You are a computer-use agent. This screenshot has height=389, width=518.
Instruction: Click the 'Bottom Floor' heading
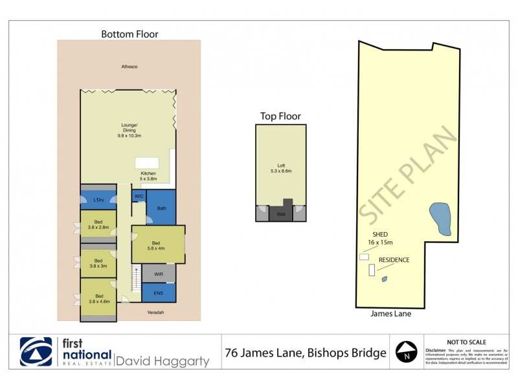tap(129, 34)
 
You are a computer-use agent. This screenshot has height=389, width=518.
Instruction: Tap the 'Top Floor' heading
tap(280, 116)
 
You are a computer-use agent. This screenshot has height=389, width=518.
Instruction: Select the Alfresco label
tap(129, 67)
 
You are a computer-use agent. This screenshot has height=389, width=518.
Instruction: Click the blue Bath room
tap(161, 207)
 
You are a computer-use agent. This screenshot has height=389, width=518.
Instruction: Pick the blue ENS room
tap(159, 293)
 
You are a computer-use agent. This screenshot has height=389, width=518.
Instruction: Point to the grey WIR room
tap(159, 274)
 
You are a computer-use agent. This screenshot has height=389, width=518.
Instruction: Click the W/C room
tap(139, 195)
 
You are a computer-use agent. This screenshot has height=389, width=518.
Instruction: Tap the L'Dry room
tap(98, 200)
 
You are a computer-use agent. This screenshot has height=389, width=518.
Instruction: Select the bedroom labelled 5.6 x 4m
tap(158, 244)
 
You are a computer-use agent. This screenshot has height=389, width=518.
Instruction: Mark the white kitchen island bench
tap(147, 163)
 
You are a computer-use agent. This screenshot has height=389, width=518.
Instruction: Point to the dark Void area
tap(281, 213)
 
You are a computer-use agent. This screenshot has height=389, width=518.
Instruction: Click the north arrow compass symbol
tap(407, 353)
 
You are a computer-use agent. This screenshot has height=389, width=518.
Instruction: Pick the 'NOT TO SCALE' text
tap(467, 342)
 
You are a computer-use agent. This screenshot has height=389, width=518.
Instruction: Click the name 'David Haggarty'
tap(163, 360)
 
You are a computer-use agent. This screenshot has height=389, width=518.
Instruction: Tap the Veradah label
tap(154, 312)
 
